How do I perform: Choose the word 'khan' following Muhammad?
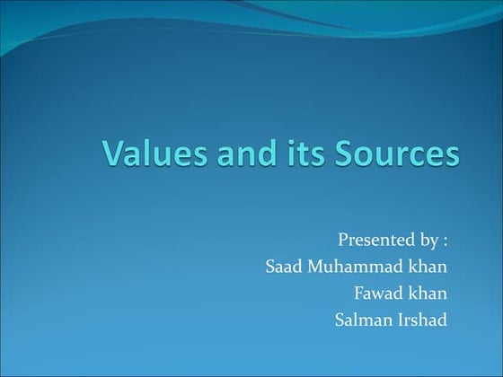click(x=428, y=267)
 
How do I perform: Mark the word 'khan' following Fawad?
click(x=428, y=293)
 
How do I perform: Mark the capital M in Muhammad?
click(x=316, y=267)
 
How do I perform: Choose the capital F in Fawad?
click(x=359, y=293)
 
